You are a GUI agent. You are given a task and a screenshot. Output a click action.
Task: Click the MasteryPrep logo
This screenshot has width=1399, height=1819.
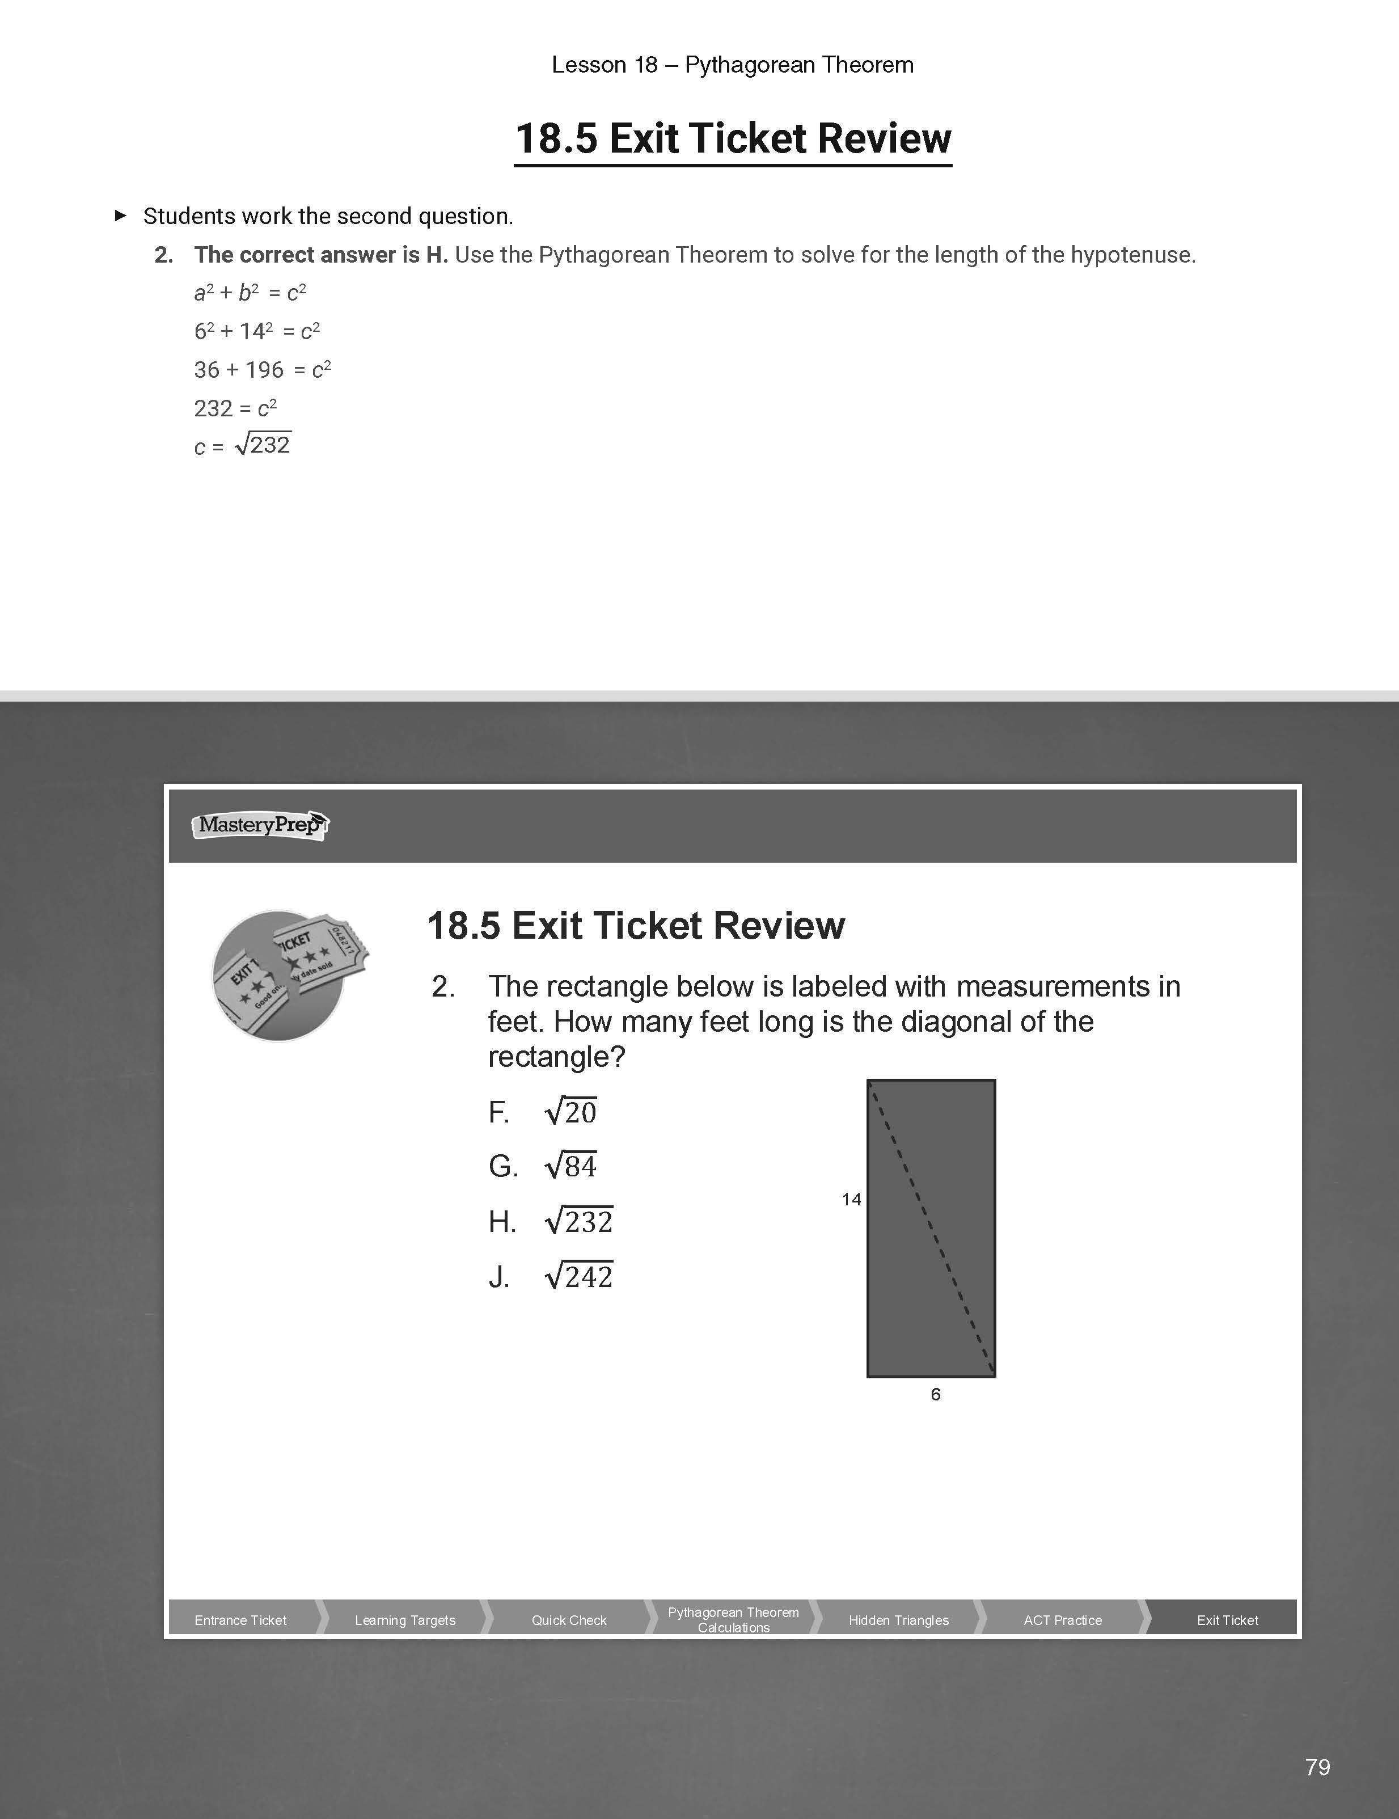[260, 825]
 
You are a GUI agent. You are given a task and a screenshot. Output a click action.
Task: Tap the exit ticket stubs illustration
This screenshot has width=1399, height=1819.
[288, 974]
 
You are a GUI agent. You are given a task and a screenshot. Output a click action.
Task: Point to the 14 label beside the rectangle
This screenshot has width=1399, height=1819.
[851, 1200]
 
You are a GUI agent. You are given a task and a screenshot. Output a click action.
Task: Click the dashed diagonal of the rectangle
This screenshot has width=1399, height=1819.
[931, 1229]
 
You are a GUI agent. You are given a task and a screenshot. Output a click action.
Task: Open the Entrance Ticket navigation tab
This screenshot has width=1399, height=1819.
[240, 1620]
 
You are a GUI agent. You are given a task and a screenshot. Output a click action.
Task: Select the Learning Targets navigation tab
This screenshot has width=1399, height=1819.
[405, 1620]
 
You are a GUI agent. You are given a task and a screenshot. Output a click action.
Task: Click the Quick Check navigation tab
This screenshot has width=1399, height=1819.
[569, 1620]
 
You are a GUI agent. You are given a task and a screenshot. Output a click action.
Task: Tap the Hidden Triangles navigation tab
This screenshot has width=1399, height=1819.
[898, 1620]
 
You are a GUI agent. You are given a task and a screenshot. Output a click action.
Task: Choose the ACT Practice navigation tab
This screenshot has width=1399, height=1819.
[1063, 1620]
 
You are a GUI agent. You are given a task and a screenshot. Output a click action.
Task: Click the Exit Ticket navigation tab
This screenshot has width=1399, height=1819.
[1227, 1620]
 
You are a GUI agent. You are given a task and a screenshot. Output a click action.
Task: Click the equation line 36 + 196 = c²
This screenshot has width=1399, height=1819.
[263, 370]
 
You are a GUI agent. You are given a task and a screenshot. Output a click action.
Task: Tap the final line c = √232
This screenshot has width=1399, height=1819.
[242, 446]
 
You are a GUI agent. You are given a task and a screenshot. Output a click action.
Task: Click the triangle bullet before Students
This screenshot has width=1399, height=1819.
[121, 216]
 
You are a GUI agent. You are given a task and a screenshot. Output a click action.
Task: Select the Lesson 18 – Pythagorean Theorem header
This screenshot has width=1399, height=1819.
[732, 65]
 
